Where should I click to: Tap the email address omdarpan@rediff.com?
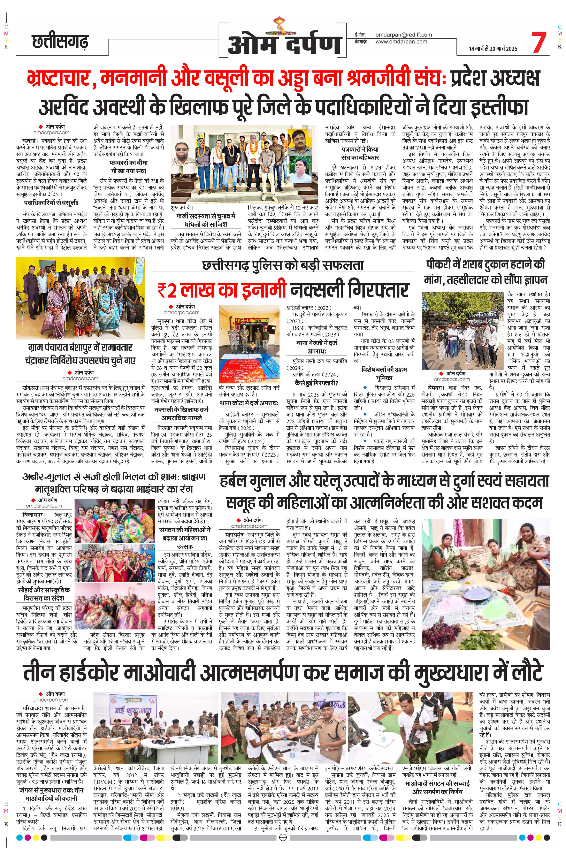click(x=404, y=35)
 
